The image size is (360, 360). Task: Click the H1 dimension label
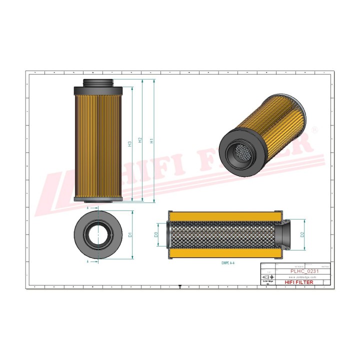(151, 141)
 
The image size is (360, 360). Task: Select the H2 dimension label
(140, 141)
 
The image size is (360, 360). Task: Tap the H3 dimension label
(129, 144)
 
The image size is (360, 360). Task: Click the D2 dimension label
(302, 234)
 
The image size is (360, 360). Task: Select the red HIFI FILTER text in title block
(299, 282)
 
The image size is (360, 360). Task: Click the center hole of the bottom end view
(98, 234)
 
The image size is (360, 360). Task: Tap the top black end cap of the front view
(98, 90)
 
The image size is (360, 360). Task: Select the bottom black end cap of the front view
(98, 199)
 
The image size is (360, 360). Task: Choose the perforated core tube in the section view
(225, 235)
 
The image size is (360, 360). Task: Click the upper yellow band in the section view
(225, 216)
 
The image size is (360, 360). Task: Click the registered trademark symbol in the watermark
(314, 129)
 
